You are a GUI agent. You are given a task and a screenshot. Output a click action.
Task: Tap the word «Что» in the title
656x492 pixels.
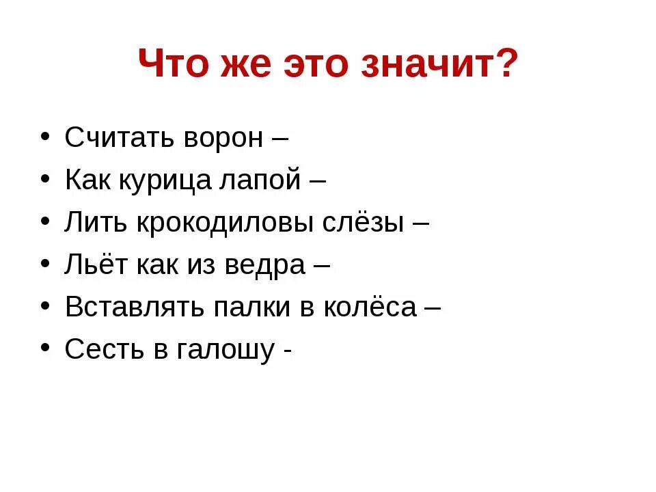172,66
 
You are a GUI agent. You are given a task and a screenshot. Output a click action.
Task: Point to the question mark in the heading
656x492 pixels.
504,66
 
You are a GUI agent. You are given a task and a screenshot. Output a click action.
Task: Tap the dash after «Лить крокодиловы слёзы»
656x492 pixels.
421,224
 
